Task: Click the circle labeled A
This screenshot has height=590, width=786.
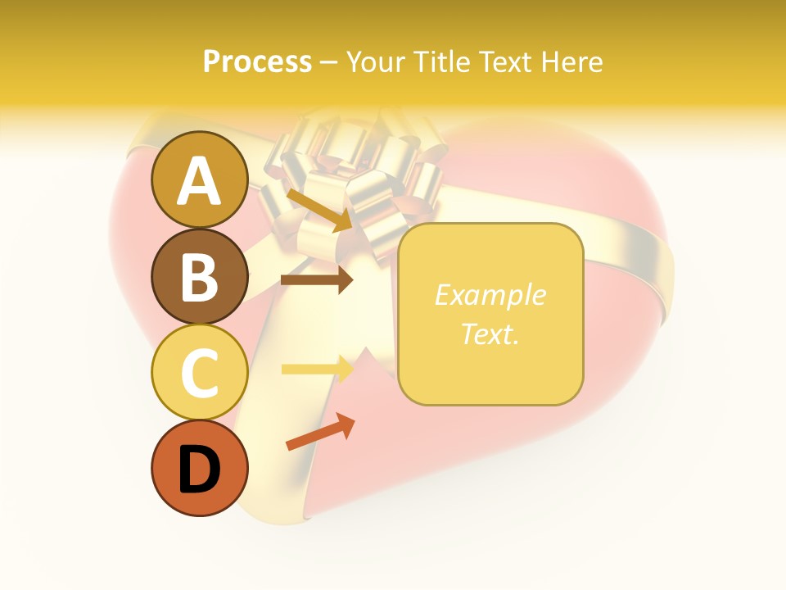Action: (x=199, y=179)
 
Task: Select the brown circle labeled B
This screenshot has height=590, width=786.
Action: (x=199, y=276)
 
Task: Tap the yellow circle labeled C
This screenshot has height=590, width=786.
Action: (x=199, y=373)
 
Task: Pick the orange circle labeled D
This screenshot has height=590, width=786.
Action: (x=199, y=469)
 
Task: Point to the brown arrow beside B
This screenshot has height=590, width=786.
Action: (x=317, y=280)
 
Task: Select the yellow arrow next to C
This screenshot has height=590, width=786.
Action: (x=317, y=369)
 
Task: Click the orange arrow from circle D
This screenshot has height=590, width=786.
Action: (x=320, y=432)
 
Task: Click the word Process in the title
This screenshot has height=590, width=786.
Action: (x=257, y=61)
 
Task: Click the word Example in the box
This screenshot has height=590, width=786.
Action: (x=490, y=295)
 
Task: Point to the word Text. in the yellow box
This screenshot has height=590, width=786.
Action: (x=490, y=334)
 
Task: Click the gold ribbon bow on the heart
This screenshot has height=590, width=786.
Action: (x=352, y=176)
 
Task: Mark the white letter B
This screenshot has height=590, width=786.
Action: (x=199, y=276)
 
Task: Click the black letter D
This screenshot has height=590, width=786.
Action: (x=199, y=470)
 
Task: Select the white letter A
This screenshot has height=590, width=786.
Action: (x=199, y=181)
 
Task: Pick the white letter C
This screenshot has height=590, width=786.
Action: (x=199, y=373)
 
